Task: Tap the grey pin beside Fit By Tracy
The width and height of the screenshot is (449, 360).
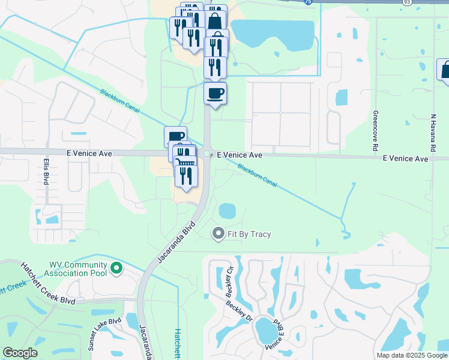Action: click(x=218, y=233)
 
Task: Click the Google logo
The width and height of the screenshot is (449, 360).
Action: click(x=20, y=353)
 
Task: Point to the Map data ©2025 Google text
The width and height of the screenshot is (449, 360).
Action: click(x=412, y=355)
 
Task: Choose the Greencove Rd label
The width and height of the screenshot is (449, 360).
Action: click(x=375, y=130)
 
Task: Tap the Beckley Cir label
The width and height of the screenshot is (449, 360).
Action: click(x=230, y=282)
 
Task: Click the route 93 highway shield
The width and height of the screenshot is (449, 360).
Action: click(x=406, y=3)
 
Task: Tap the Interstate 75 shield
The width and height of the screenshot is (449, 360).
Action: click(x=308, y=2)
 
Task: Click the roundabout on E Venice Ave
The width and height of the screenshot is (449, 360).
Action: click(x=207, y=154)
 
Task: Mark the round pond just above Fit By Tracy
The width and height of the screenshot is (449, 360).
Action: click(x=227, y=211)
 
